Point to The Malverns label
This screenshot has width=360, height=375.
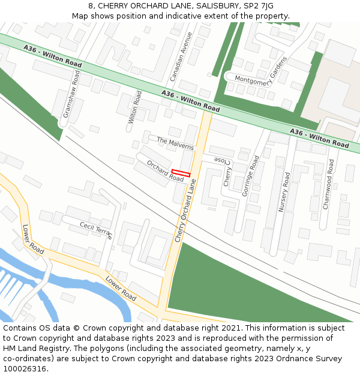[x=175, y=143]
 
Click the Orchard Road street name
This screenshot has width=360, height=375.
[x=165, y=171]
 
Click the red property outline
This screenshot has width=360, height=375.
[x=181, y=173]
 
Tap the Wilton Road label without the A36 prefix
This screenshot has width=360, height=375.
[x=133, y=107]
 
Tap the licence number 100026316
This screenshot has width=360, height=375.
[x=25, y=369]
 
